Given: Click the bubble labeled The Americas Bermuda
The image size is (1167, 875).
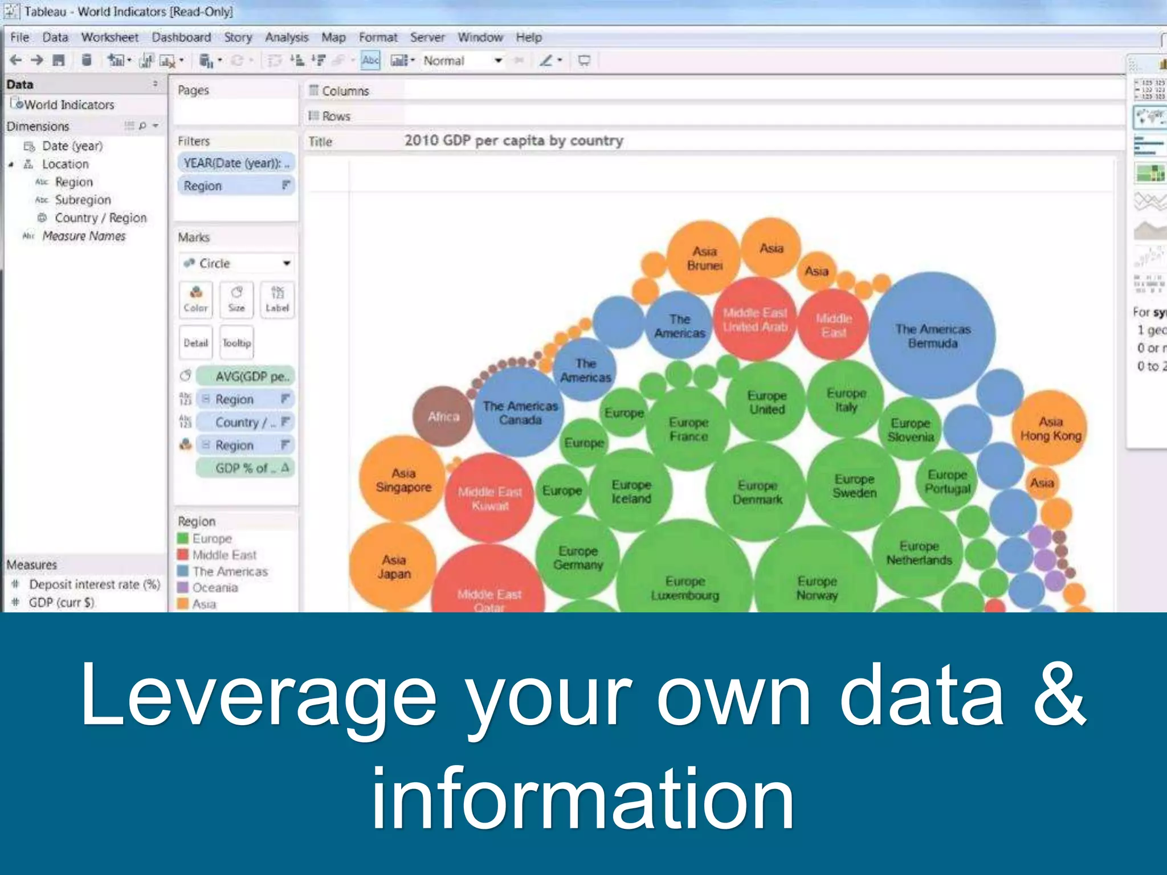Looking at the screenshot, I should pos(932,336).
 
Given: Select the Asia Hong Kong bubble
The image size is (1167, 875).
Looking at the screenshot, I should pos(1050,428).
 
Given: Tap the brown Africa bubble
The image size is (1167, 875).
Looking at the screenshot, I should pos(443,416).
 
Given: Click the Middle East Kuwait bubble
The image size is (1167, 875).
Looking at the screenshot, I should pos(489,498).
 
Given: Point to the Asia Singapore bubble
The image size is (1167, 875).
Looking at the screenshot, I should pos(403,480).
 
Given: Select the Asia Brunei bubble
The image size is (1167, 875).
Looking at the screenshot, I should pos(704,258).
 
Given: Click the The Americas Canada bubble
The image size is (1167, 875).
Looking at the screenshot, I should pos(520,412).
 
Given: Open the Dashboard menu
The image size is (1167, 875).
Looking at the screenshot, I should pos(181,38).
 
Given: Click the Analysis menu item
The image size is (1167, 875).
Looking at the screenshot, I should pos(286,38).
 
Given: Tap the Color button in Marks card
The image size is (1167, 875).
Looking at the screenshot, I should pos(195,299).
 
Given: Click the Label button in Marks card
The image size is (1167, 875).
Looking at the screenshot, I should pos(277,299).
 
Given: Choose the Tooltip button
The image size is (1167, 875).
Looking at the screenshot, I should pos(236,343).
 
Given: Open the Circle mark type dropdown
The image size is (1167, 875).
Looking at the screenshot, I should pos(236,263).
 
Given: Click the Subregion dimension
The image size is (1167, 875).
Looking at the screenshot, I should pos(83,200).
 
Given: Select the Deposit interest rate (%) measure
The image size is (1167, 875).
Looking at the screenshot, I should pos(94,584).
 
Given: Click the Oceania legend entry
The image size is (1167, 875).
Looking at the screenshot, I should pos(215,587).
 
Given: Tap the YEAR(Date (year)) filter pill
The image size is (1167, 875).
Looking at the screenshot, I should pos(236,163).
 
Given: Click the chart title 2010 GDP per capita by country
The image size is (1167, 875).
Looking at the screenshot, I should pos(513,141).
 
